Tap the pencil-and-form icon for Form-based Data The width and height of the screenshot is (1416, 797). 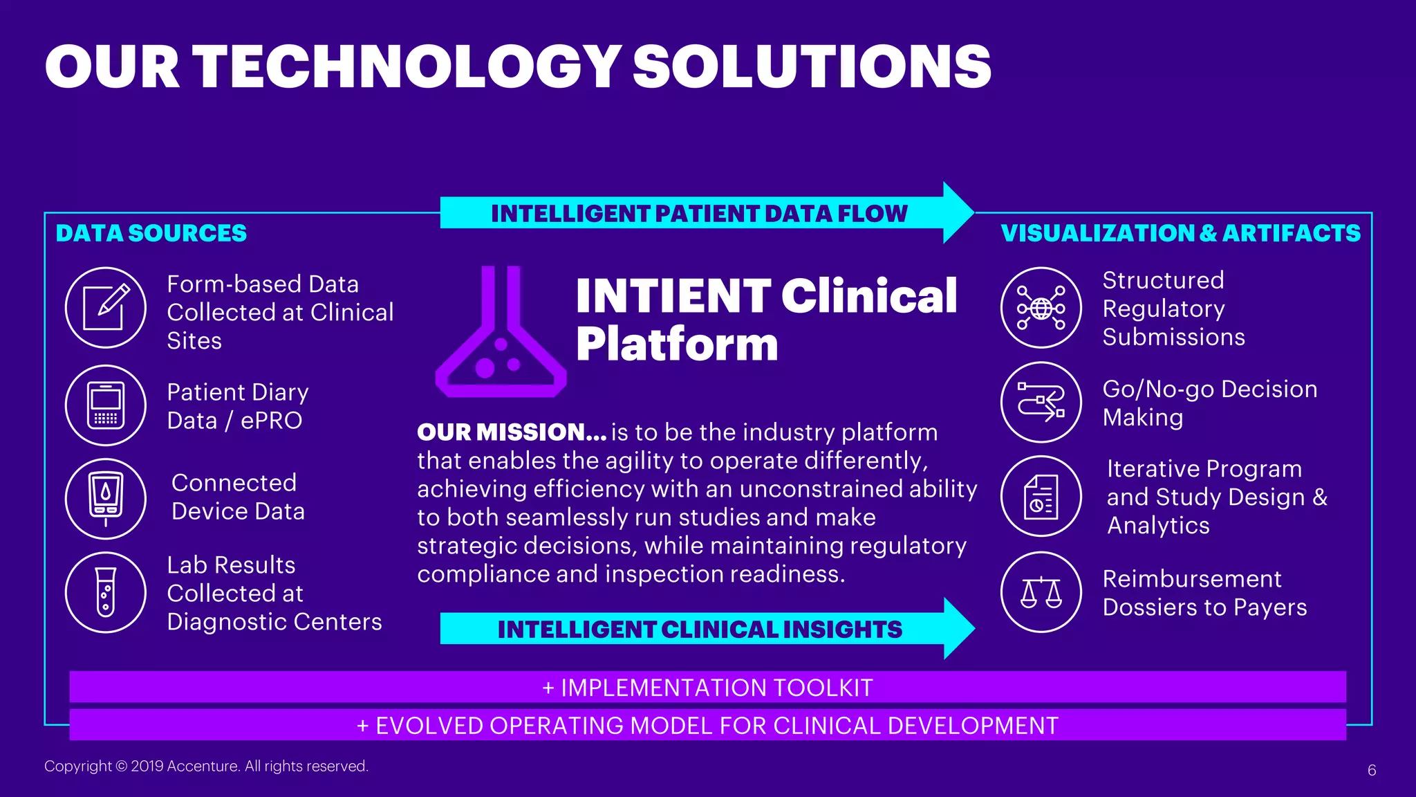pos(106,308)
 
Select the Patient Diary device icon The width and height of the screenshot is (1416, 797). pos(106,405)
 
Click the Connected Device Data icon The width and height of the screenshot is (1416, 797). pos(106,499)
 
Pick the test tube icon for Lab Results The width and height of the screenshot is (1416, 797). pos(106,592)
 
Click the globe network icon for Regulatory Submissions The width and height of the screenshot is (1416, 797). pos(1041,308)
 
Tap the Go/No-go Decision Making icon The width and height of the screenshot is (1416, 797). pos(1041,403)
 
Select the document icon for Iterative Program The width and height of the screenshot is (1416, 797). pos(1041,496)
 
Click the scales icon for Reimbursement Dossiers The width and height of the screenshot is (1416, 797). pos(1041,592)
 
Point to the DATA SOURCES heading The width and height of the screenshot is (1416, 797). pos(151,233)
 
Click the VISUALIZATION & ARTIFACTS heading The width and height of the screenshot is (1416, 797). pos(1180,233)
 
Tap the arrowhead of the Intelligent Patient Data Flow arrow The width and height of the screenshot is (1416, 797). pos(958,212)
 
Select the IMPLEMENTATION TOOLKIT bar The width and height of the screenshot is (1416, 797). pos(707,687)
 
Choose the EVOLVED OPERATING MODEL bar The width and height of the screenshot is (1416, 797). pos(707,725)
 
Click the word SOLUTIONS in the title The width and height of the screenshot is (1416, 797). pos(812,66)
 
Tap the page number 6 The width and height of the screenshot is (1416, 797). pos(1372,770)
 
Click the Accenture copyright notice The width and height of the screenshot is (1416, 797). pos(206,766)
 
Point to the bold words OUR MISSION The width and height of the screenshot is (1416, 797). pos(512,432)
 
